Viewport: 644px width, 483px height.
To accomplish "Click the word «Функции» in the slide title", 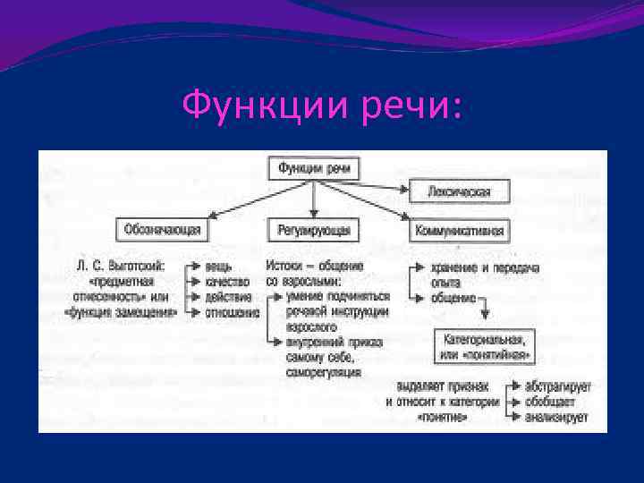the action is coord(248,106).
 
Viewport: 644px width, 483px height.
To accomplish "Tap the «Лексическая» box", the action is coord(460,191).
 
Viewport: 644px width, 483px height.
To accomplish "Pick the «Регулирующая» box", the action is coord(313,231).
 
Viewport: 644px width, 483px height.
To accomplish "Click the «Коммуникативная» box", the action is coord(460,231).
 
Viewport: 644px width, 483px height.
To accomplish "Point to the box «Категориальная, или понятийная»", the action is coord(484,347).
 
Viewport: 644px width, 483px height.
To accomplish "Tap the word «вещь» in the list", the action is coord(219,266).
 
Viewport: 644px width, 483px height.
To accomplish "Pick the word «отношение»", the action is coord(233,313).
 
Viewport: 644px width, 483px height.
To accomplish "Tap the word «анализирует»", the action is coord(555,418).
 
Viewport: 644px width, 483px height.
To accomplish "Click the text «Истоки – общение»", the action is coord(314,266).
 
